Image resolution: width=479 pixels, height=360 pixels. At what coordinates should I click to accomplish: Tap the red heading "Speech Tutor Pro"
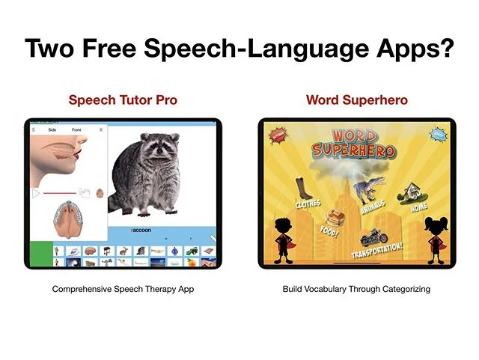pyautogui.click(x=123, y=100)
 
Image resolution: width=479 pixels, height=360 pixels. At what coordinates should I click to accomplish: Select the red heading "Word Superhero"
pyautogui.click(x=356, y=100)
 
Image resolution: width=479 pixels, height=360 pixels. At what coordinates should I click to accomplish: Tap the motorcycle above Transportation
pyautogui.click(x=373, y=237)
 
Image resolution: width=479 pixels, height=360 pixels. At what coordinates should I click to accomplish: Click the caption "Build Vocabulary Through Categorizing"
pyautogui.click(x=356, y=289)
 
